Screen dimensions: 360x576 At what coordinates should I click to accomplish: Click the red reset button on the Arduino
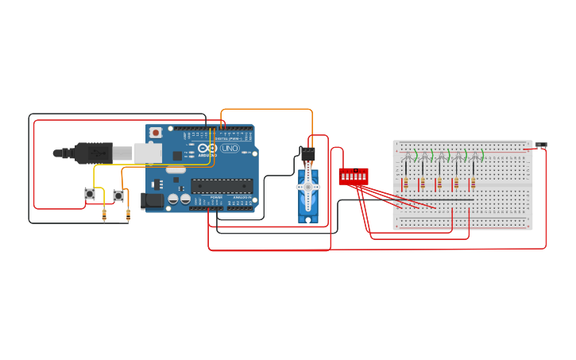click(156, 132)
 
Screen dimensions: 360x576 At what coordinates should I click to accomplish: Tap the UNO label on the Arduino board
click(230, 149)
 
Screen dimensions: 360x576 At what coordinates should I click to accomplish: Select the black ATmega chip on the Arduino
click(222, 186)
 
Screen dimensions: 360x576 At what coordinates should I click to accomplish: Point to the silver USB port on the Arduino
click(148, 153)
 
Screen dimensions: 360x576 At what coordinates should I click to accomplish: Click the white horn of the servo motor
click(308, 187)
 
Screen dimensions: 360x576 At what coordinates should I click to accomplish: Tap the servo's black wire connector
click(307, 153)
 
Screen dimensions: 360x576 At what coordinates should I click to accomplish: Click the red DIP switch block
click(353, 176)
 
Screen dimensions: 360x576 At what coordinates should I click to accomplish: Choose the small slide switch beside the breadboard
click(541, 145)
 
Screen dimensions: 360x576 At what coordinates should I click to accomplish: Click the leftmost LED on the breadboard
click(407, 155)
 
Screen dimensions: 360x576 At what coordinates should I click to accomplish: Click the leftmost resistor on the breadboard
click(406, 184)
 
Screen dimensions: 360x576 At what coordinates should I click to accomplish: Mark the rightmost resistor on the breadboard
click(473, 184)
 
